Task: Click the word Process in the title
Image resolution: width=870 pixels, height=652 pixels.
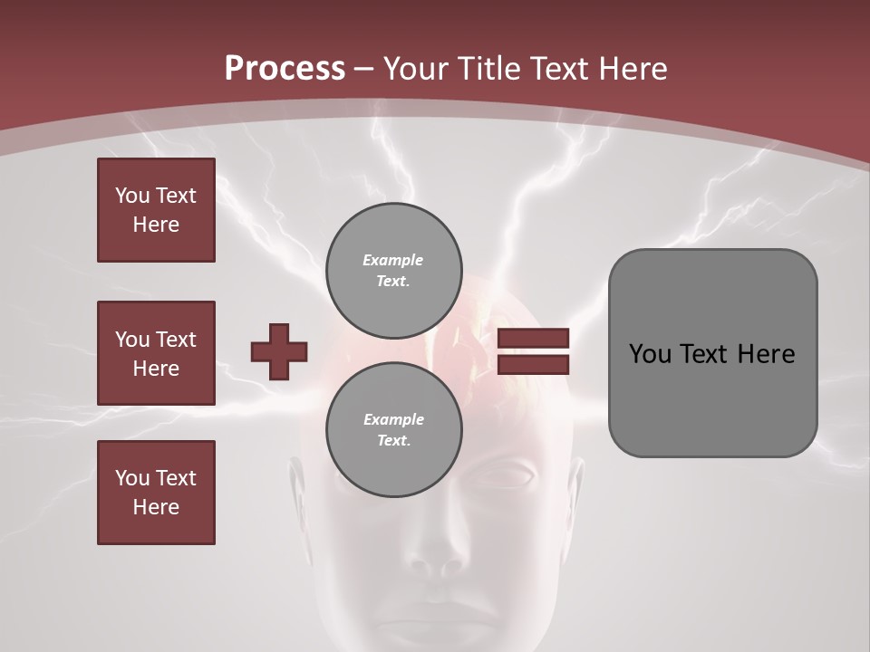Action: tap(285, 69)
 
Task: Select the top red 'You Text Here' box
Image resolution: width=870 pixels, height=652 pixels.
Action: tap(156, 210)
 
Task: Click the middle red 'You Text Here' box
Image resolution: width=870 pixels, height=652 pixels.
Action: tap(156, 353)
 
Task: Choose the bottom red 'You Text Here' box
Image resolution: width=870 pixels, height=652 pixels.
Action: tap(156, 493)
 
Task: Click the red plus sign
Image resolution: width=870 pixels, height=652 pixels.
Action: tap(278, 351)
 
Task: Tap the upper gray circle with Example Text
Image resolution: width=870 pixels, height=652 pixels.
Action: tap(393, 270)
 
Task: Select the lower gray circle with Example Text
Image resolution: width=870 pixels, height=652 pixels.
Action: tap(393, 429)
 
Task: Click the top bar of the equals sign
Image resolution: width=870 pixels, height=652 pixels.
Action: tap(533, 339)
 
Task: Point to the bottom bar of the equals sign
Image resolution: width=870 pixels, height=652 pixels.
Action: tap(533, 364)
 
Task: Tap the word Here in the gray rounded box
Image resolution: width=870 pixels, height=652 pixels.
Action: tap(766, 354)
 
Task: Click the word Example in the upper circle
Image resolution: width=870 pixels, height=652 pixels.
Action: tap(393, 260)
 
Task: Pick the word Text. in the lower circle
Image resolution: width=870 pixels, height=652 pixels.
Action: tap(393, 441)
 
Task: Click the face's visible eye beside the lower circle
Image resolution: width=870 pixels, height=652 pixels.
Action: tap(512, 475)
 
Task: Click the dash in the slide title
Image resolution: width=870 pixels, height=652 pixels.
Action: tap(363, 69)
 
